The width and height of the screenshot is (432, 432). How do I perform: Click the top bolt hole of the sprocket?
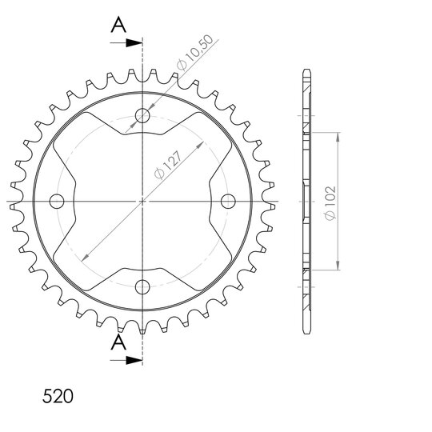point(142,115)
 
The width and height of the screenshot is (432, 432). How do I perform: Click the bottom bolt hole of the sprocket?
point(142,287)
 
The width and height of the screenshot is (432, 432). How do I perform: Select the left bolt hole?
point(57,201)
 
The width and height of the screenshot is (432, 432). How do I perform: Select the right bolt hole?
point(228,201)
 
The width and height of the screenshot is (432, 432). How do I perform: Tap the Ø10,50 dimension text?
point(194,52)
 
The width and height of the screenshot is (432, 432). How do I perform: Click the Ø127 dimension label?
point(168,165)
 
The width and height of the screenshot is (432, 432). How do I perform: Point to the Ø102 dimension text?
point(330,203)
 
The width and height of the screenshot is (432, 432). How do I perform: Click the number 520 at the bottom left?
point(58,396)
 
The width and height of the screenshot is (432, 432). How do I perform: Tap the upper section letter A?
point(118,25)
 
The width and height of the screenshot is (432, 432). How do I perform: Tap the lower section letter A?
point(118,342)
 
